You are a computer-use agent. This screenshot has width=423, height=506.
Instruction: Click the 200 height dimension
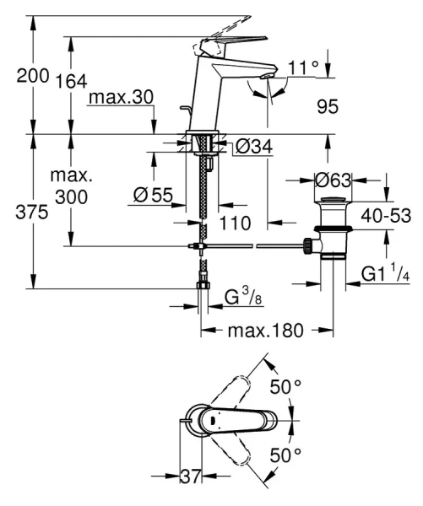point(32,77)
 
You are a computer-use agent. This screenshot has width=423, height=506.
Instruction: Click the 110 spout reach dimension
point(235,223)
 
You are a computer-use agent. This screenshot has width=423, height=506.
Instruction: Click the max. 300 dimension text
point(72,188)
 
